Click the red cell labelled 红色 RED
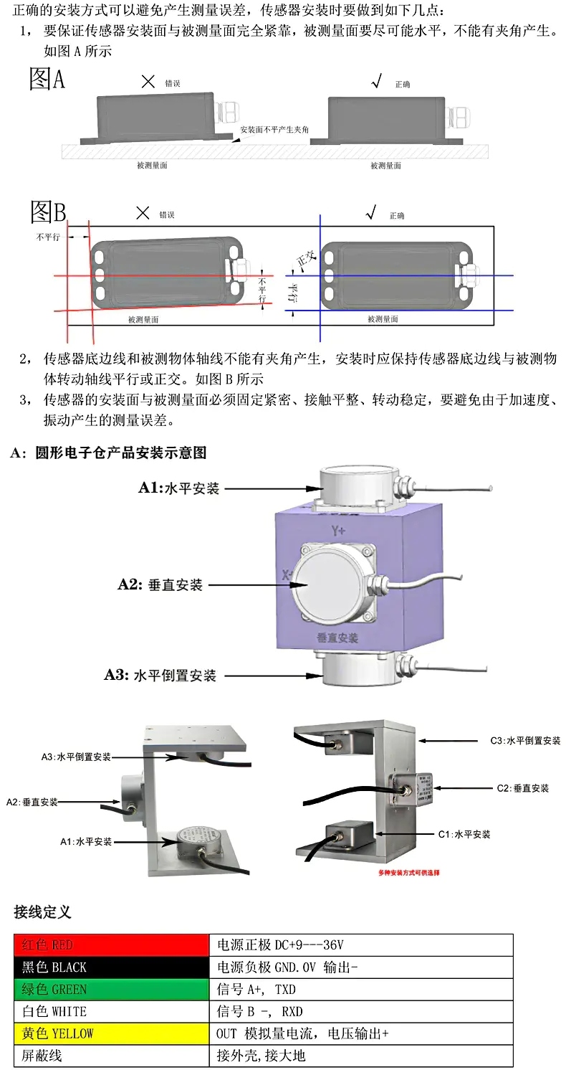(x=111, y=944)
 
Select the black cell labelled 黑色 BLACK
(x=111, y=967)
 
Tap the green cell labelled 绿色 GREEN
(x=111, y=989)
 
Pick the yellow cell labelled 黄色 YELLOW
(x=111, y=1033)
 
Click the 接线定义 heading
(x=42, y=912)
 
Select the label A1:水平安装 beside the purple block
(x=178, y=488)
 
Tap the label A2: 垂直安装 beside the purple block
(x=160, y=584)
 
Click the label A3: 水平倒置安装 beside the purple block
(x=160, y=675)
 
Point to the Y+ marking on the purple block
(x=338, y=531)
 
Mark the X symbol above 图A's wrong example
(x=148, y=82)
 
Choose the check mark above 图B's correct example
(x=370, y=212)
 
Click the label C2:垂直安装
(x=522, y=787)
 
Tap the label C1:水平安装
(x=464, y=834)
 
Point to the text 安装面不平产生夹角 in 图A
(x=274, y=130)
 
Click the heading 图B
(x=48, y=212)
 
